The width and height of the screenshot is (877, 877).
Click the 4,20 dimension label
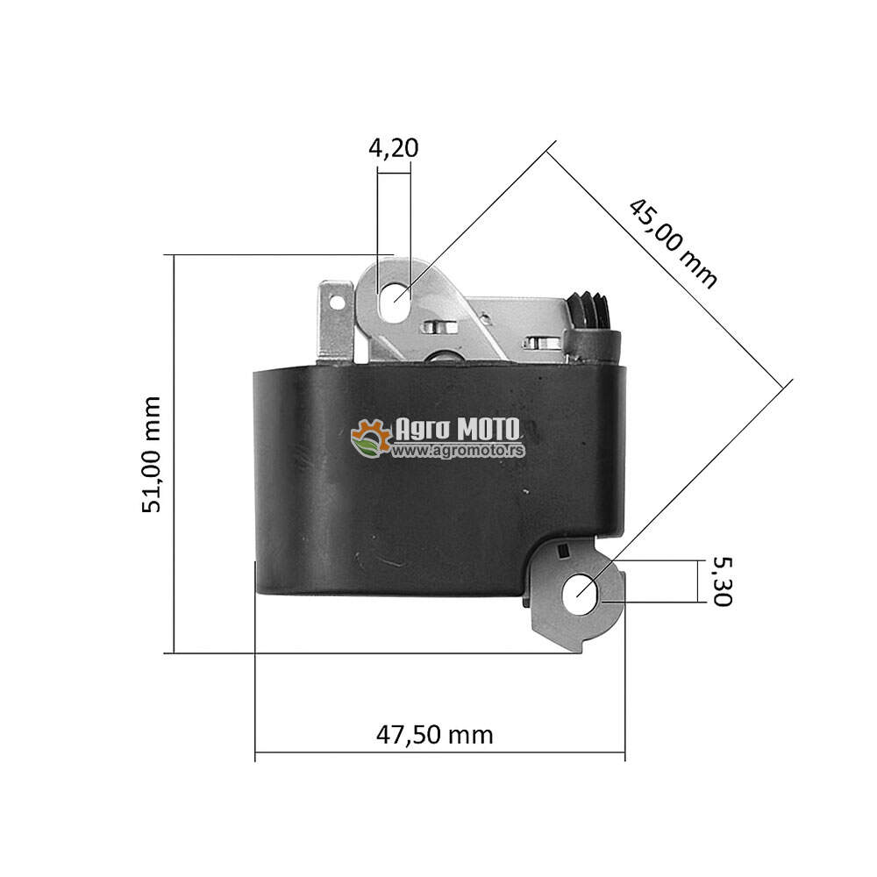tap(393, 147)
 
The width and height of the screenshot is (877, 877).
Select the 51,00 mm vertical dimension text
tap(152, 454)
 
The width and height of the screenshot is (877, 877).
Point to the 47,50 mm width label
tap(435, 734)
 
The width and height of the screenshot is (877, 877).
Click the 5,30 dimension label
tap(722, 581)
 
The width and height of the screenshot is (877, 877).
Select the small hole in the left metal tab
tap(338, 303)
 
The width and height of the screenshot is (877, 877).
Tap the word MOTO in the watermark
tap(488, 430)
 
